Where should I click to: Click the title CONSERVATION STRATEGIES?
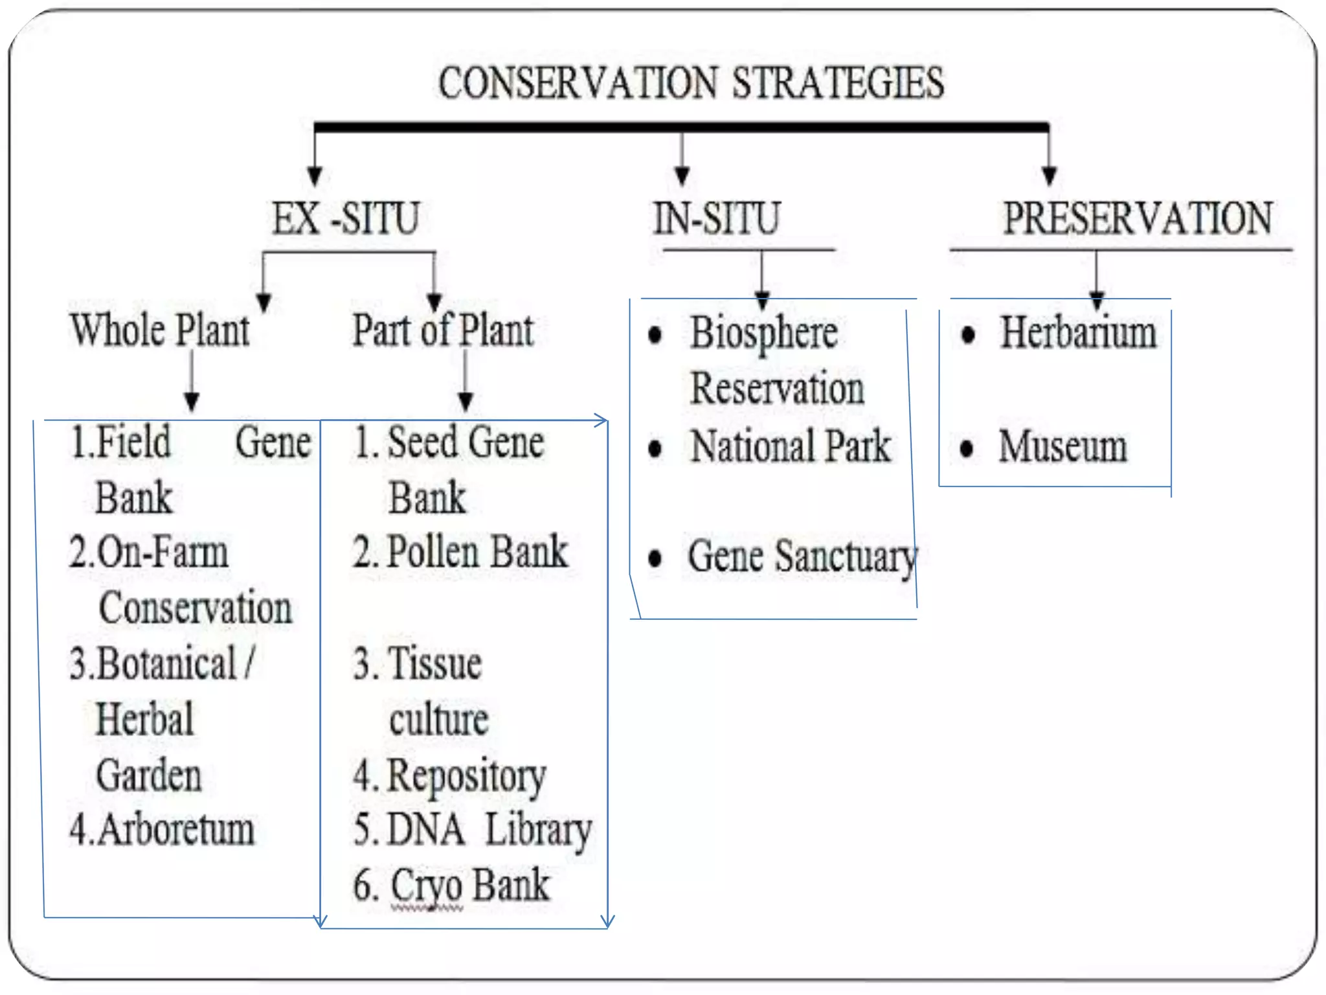691,84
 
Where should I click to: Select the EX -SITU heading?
346,218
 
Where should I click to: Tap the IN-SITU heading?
717,218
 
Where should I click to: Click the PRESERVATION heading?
1138,218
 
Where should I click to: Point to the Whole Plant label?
160,330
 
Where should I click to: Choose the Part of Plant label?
443,330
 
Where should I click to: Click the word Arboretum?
176,830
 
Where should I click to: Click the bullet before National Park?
655,448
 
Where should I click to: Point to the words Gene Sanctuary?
802,557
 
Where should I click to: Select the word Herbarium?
1078,333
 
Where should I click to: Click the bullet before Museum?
967,448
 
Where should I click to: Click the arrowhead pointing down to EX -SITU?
315,175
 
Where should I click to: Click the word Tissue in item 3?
434,665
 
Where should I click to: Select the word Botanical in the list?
167,665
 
